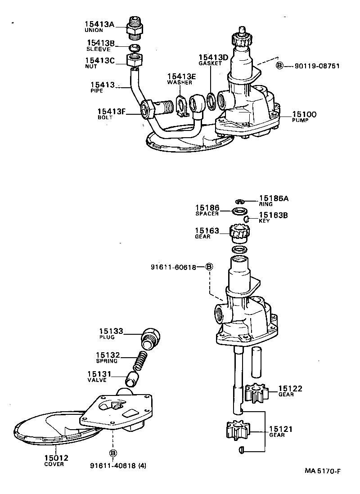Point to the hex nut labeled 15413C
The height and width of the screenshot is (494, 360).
point(134,60)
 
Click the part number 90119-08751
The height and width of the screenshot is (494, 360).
point(317,66)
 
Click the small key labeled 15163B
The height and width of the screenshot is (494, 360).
point(247,219)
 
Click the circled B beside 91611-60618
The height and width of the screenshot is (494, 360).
point(208,267)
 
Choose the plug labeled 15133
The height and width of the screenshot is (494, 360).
point(149,338)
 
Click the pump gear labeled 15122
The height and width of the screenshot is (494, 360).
point(257,393)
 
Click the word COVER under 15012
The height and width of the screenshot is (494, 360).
point(54,464)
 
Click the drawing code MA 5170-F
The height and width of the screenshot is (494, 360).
point(323,472)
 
